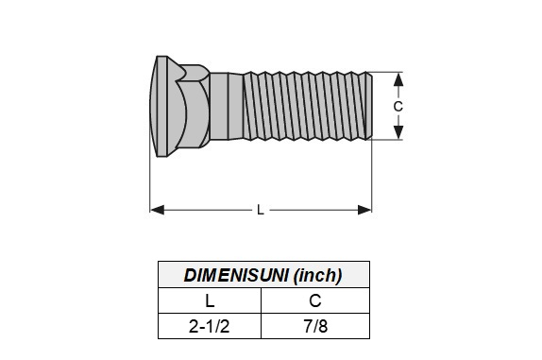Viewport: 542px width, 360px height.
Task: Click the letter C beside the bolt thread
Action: (x=398, y=107)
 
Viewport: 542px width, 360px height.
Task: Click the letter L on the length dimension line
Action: (x=261, y=210)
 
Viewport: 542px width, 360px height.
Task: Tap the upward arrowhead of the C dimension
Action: (x=398, y=79)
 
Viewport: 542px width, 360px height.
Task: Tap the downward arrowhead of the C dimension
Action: (x=398, y=132)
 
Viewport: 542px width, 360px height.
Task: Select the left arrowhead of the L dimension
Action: (x=158, y=210)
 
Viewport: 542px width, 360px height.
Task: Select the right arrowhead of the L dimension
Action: (x=364, y=210)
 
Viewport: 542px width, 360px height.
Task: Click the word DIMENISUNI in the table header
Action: (x=236, y=275)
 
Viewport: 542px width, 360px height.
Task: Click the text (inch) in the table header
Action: (x=317, y=276)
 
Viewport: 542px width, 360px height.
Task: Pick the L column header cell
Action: (x=210, y=300)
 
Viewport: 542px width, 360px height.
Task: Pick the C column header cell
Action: (x=315, y=300)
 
